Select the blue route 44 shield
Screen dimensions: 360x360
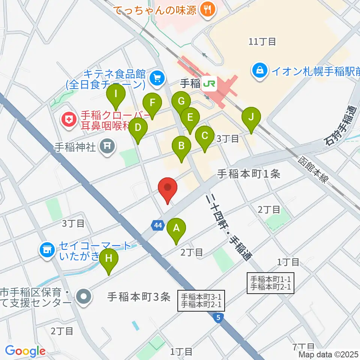click(x=158, y=225)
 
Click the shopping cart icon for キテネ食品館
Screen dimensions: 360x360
click(x=156, y=78)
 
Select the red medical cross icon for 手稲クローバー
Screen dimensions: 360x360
click(x=69, y=120)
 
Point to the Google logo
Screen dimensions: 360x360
click(x=25, y=351)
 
